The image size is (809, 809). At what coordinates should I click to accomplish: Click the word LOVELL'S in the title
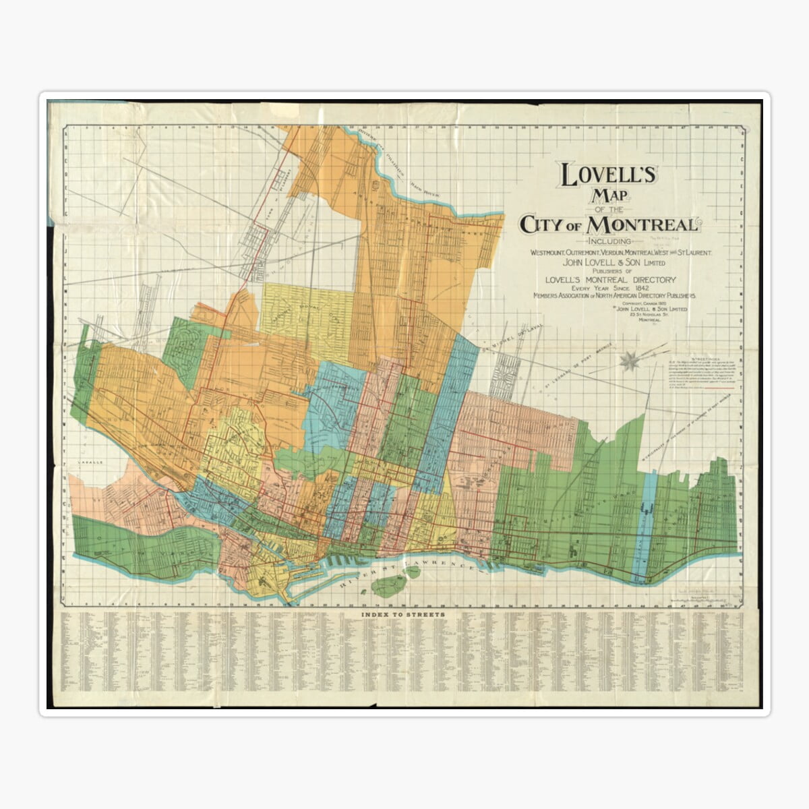click(608, 176)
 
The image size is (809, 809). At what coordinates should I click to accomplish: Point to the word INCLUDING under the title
click(609, 241)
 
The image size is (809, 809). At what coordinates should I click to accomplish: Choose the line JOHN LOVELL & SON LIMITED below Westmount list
click(608, 262)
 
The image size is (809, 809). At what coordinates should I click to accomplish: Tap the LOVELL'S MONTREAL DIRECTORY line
click(611, 279)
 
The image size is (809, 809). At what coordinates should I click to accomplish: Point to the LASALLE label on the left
click(88, 463)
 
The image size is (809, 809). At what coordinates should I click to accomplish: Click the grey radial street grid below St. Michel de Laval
click(506, 374)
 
